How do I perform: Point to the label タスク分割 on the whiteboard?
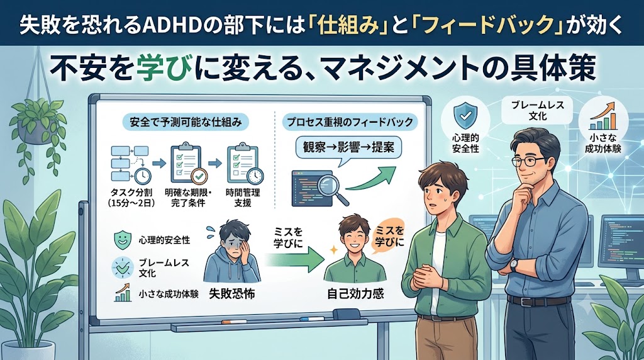tap(131, 193)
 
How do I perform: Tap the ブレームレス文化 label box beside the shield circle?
tap(538, 111)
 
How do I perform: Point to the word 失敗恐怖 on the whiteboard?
tap(231, 294)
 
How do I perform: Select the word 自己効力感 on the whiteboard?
tap(355, 294)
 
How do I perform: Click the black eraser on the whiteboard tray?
tap(347, 315)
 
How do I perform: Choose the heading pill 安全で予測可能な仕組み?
tap(186, 122)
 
